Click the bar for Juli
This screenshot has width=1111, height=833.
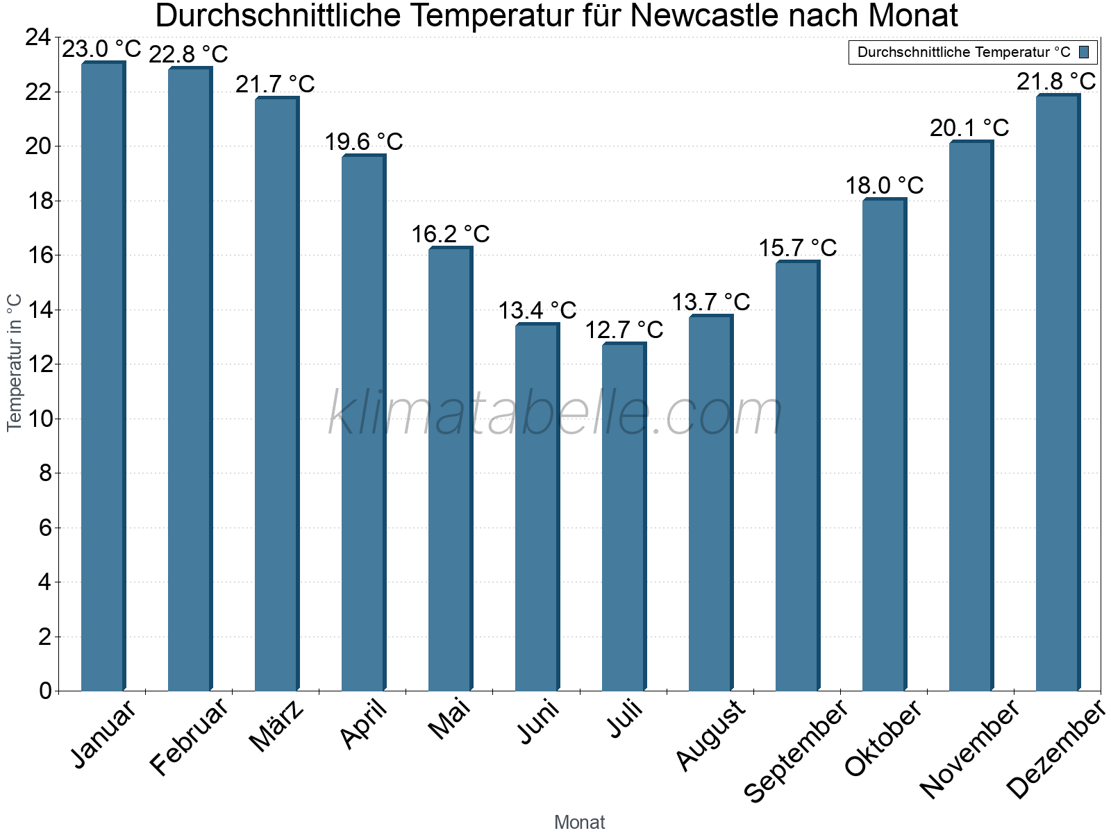[x=624, y=516]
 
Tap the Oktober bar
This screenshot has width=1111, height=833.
[x=884, y=444]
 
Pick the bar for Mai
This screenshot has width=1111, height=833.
[x=450, y=469]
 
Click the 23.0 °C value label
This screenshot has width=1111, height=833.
[x=101, y=49]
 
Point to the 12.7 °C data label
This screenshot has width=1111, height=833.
[x=624, y=330]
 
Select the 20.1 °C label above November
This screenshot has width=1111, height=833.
[x=969, y=128]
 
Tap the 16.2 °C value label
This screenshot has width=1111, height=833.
[x=451, y=235]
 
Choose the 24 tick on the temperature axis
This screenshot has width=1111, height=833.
[x=38, y=37]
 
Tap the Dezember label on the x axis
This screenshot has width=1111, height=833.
[x=1055, y=750]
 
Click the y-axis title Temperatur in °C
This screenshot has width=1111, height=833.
[x=15, y=362]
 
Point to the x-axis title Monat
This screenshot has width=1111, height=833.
[x=579, y=822]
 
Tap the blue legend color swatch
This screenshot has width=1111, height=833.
[x=1084, y=52]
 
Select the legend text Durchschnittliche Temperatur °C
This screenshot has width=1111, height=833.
[x=964, y=52]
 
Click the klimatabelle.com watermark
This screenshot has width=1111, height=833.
[x=555, y=414]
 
